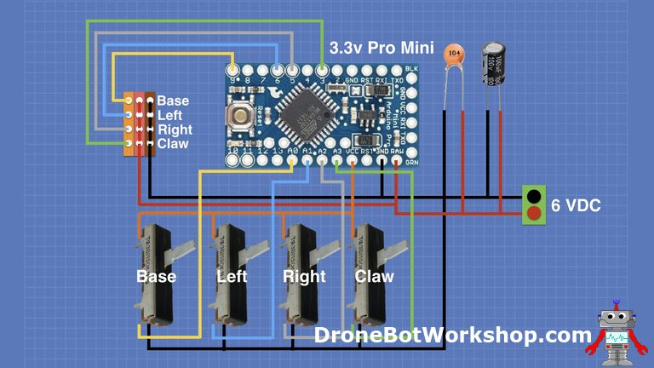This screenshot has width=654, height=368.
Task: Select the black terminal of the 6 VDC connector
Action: [x=533, y=196]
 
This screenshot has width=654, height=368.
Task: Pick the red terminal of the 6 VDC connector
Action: [x=533, y=214]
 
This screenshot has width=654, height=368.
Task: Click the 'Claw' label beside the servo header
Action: [x=174, y=144]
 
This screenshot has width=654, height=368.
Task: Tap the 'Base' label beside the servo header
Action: [x=174, y=101]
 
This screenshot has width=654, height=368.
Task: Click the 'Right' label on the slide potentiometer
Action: [x=304, y=277]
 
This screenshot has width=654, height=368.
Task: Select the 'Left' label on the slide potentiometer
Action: [x=232, y=277]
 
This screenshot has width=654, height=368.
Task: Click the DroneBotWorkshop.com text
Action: [x=452, y=335]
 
